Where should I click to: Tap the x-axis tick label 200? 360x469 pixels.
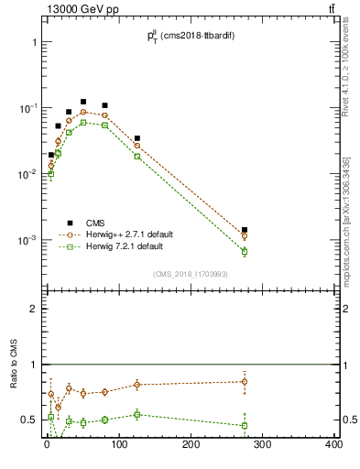191,445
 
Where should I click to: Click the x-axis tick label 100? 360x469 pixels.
118,445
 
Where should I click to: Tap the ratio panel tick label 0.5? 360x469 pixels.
28,420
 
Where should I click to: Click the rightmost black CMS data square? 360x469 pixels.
245,230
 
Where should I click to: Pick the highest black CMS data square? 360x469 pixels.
83,102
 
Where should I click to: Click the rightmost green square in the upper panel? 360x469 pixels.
245,251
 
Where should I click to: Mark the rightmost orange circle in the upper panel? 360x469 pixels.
245,235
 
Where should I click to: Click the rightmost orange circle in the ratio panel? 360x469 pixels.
245,382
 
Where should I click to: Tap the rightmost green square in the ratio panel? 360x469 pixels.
245,425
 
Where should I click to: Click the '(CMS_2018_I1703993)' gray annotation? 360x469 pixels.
190,273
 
